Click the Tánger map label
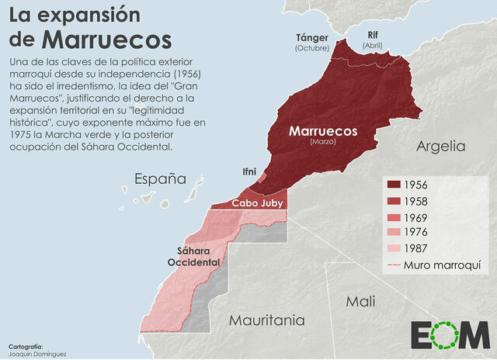pyautogui.click(x=312, y=37)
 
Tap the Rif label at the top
pyautogui.click(x=374, y=34)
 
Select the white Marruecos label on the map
pyautogui.click(x=323, y=131)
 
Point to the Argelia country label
pyautogui.click(x=440, y=146)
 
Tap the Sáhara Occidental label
pyautogui.click(x=193, y=256)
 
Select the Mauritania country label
pyautogui.click(x=266, y=320)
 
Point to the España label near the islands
pyautogui.click(x=161, y=179)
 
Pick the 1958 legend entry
pyautogui.click(x=419, y=201)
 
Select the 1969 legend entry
pyautogui.click(x=419, y=217)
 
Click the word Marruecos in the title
pyautogui.click(x=106, y=39)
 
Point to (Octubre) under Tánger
pyautogui.click(x=312, y=48)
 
